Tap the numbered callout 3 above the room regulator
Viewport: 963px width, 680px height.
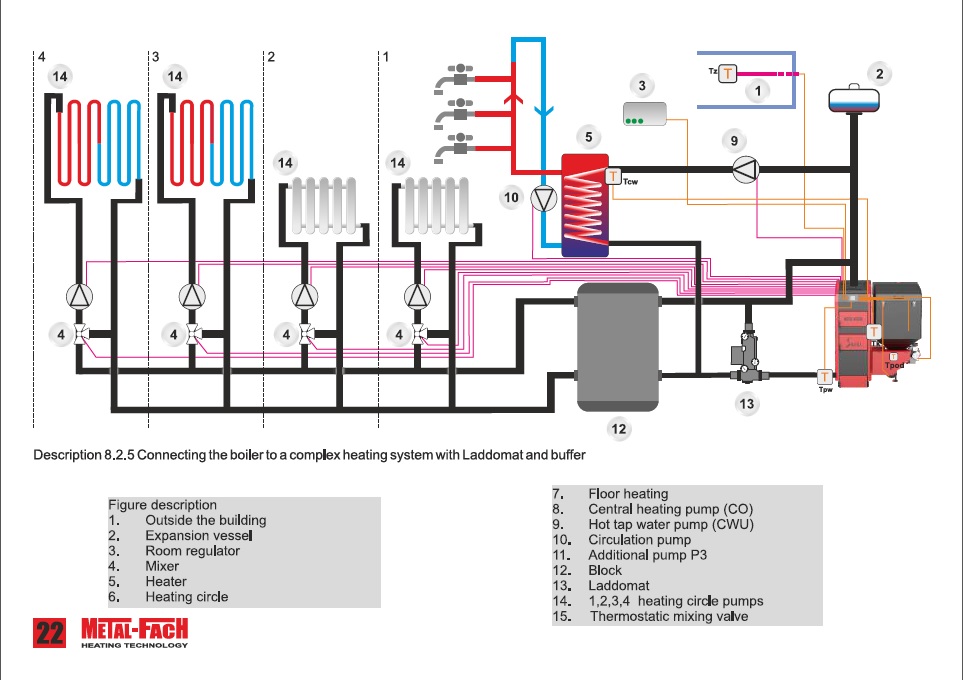pyautogui.click(x=642, y=86)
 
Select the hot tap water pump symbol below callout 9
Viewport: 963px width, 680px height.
pyautogui.click(x=745, y=170)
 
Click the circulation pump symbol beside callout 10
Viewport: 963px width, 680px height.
pyautogui.click(x=543, y=199)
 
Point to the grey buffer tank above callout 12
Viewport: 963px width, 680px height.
pyautogui.click(x=619, y=346)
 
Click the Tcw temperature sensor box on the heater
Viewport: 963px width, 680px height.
pyautogui.click(x=612, y=177)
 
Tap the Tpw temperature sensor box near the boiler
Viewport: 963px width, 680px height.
pyautogui.click(x=825, y=377)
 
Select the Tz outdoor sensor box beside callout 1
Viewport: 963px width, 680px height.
pyautogui.click(x=727, y=73)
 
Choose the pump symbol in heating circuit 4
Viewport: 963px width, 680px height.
pyautogui.click(x=79, y=296)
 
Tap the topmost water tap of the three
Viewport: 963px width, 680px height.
pyautogui.click(x=456, y=76)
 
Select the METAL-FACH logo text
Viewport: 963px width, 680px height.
pyautogui.click(x=134, y=630)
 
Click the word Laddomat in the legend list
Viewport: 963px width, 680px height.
pyautogui.click(x=618, y=586)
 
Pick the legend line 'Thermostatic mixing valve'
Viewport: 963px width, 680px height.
pyautogui.click(x=668, y=616)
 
